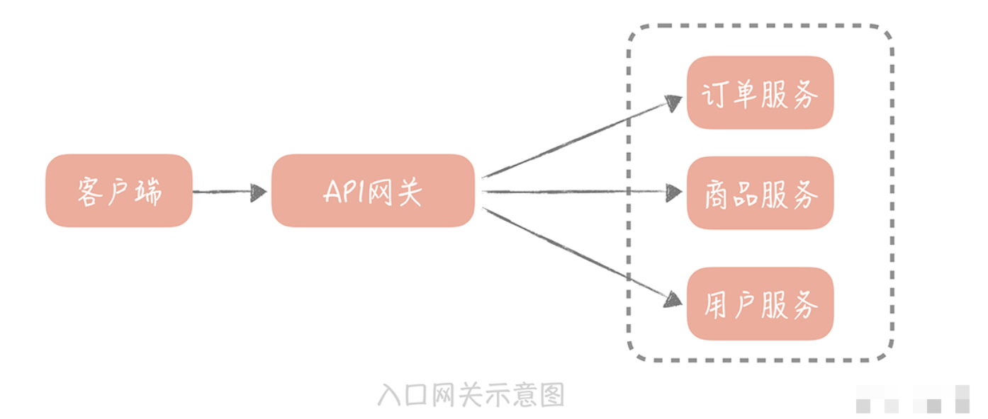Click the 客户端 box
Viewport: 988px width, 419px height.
(x=119, y=191)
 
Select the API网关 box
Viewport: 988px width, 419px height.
(x=373, y=191)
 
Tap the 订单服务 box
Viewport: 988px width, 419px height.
(x=760, y=93)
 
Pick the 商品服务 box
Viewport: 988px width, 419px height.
(x=760, y=193)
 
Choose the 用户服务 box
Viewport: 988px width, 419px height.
(x=760, y=304)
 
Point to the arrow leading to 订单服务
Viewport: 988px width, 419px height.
(x=574, y=139)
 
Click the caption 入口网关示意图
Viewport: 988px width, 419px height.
(x=471, y=395)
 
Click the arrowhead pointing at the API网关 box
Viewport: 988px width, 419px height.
(x=259, y=191)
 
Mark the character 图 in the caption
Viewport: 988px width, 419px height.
(x=553, y=395)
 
